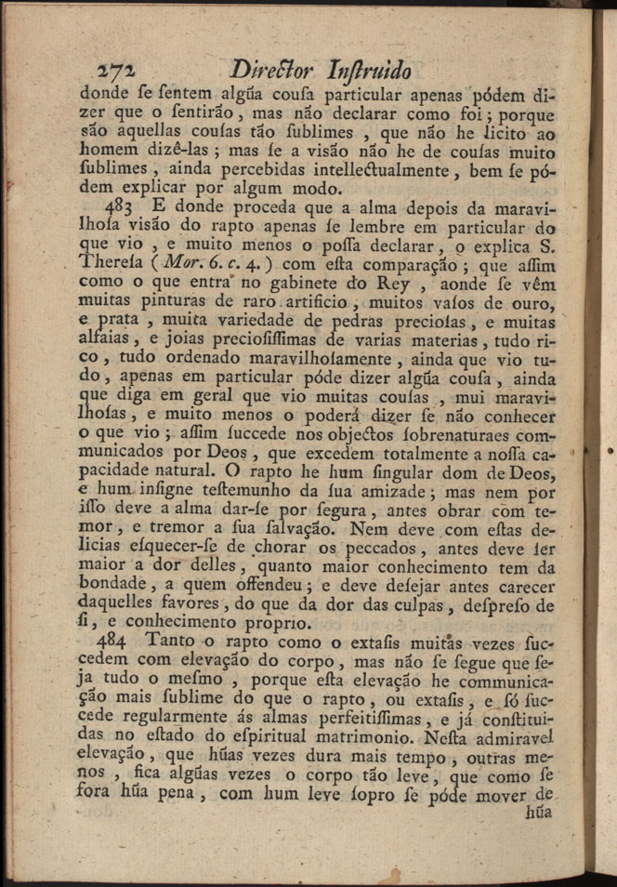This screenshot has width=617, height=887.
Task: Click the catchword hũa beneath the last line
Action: (537, 811)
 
